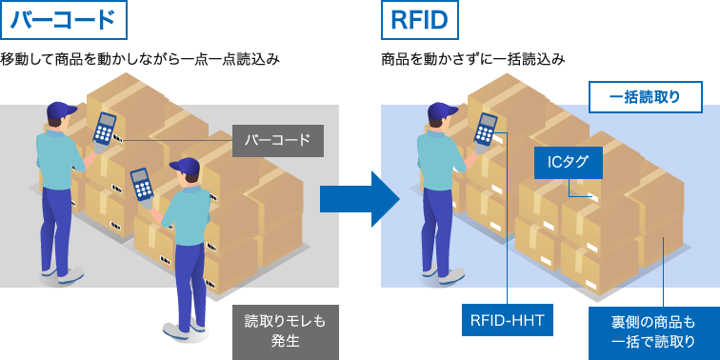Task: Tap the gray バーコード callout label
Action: (x=277, y=141)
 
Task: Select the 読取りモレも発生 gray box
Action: (x=285, y=331)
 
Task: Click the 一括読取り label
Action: (x=645, y=97)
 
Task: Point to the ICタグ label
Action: (x=568, y=162)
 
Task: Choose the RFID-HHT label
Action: (x=507, y=320)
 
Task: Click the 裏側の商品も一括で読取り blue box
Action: (x=653, y=331)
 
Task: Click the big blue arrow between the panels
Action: (x=358, y=198)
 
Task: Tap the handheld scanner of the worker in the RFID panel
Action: (x=487, y=130)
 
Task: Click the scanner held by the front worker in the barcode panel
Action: (x=143, y=183)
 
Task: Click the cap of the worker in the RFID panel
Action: (x=441, y=112)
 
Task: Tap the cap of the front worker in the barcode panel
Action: (x=186, y=168)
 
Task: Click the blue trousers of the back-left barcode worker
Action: (x=57, y=224)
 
